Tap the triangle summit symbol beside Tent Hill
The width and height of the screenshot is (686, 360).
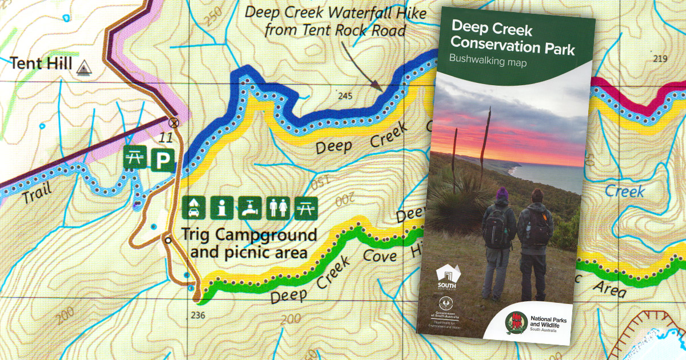[x=83, y=66]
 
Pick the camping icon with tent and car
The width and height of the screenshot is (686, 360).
[x=193, y=207]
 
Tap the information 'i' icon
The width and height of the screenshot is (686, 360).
[x=221, y=207]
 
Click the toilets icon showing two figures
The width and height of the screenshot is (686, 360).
[x=278, y=207]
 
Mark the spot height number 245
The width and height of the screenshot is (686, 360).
[x=345, y=95]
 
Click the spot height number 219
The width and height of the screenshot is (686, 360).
[x=660, y=59]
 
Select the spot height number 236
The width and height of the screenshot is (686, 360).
[x=198, y=315]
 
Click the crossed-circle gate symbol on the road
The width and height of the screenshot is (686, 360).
[x=173, y=121]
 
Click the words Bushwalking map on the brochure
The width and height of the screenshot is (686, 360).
[x=488, y=59]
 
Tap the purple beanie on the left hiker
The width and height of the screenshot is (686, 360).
[x=501, y=193]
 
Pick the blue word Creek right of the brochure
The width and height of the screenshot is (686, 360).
[x=624, y=191]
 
